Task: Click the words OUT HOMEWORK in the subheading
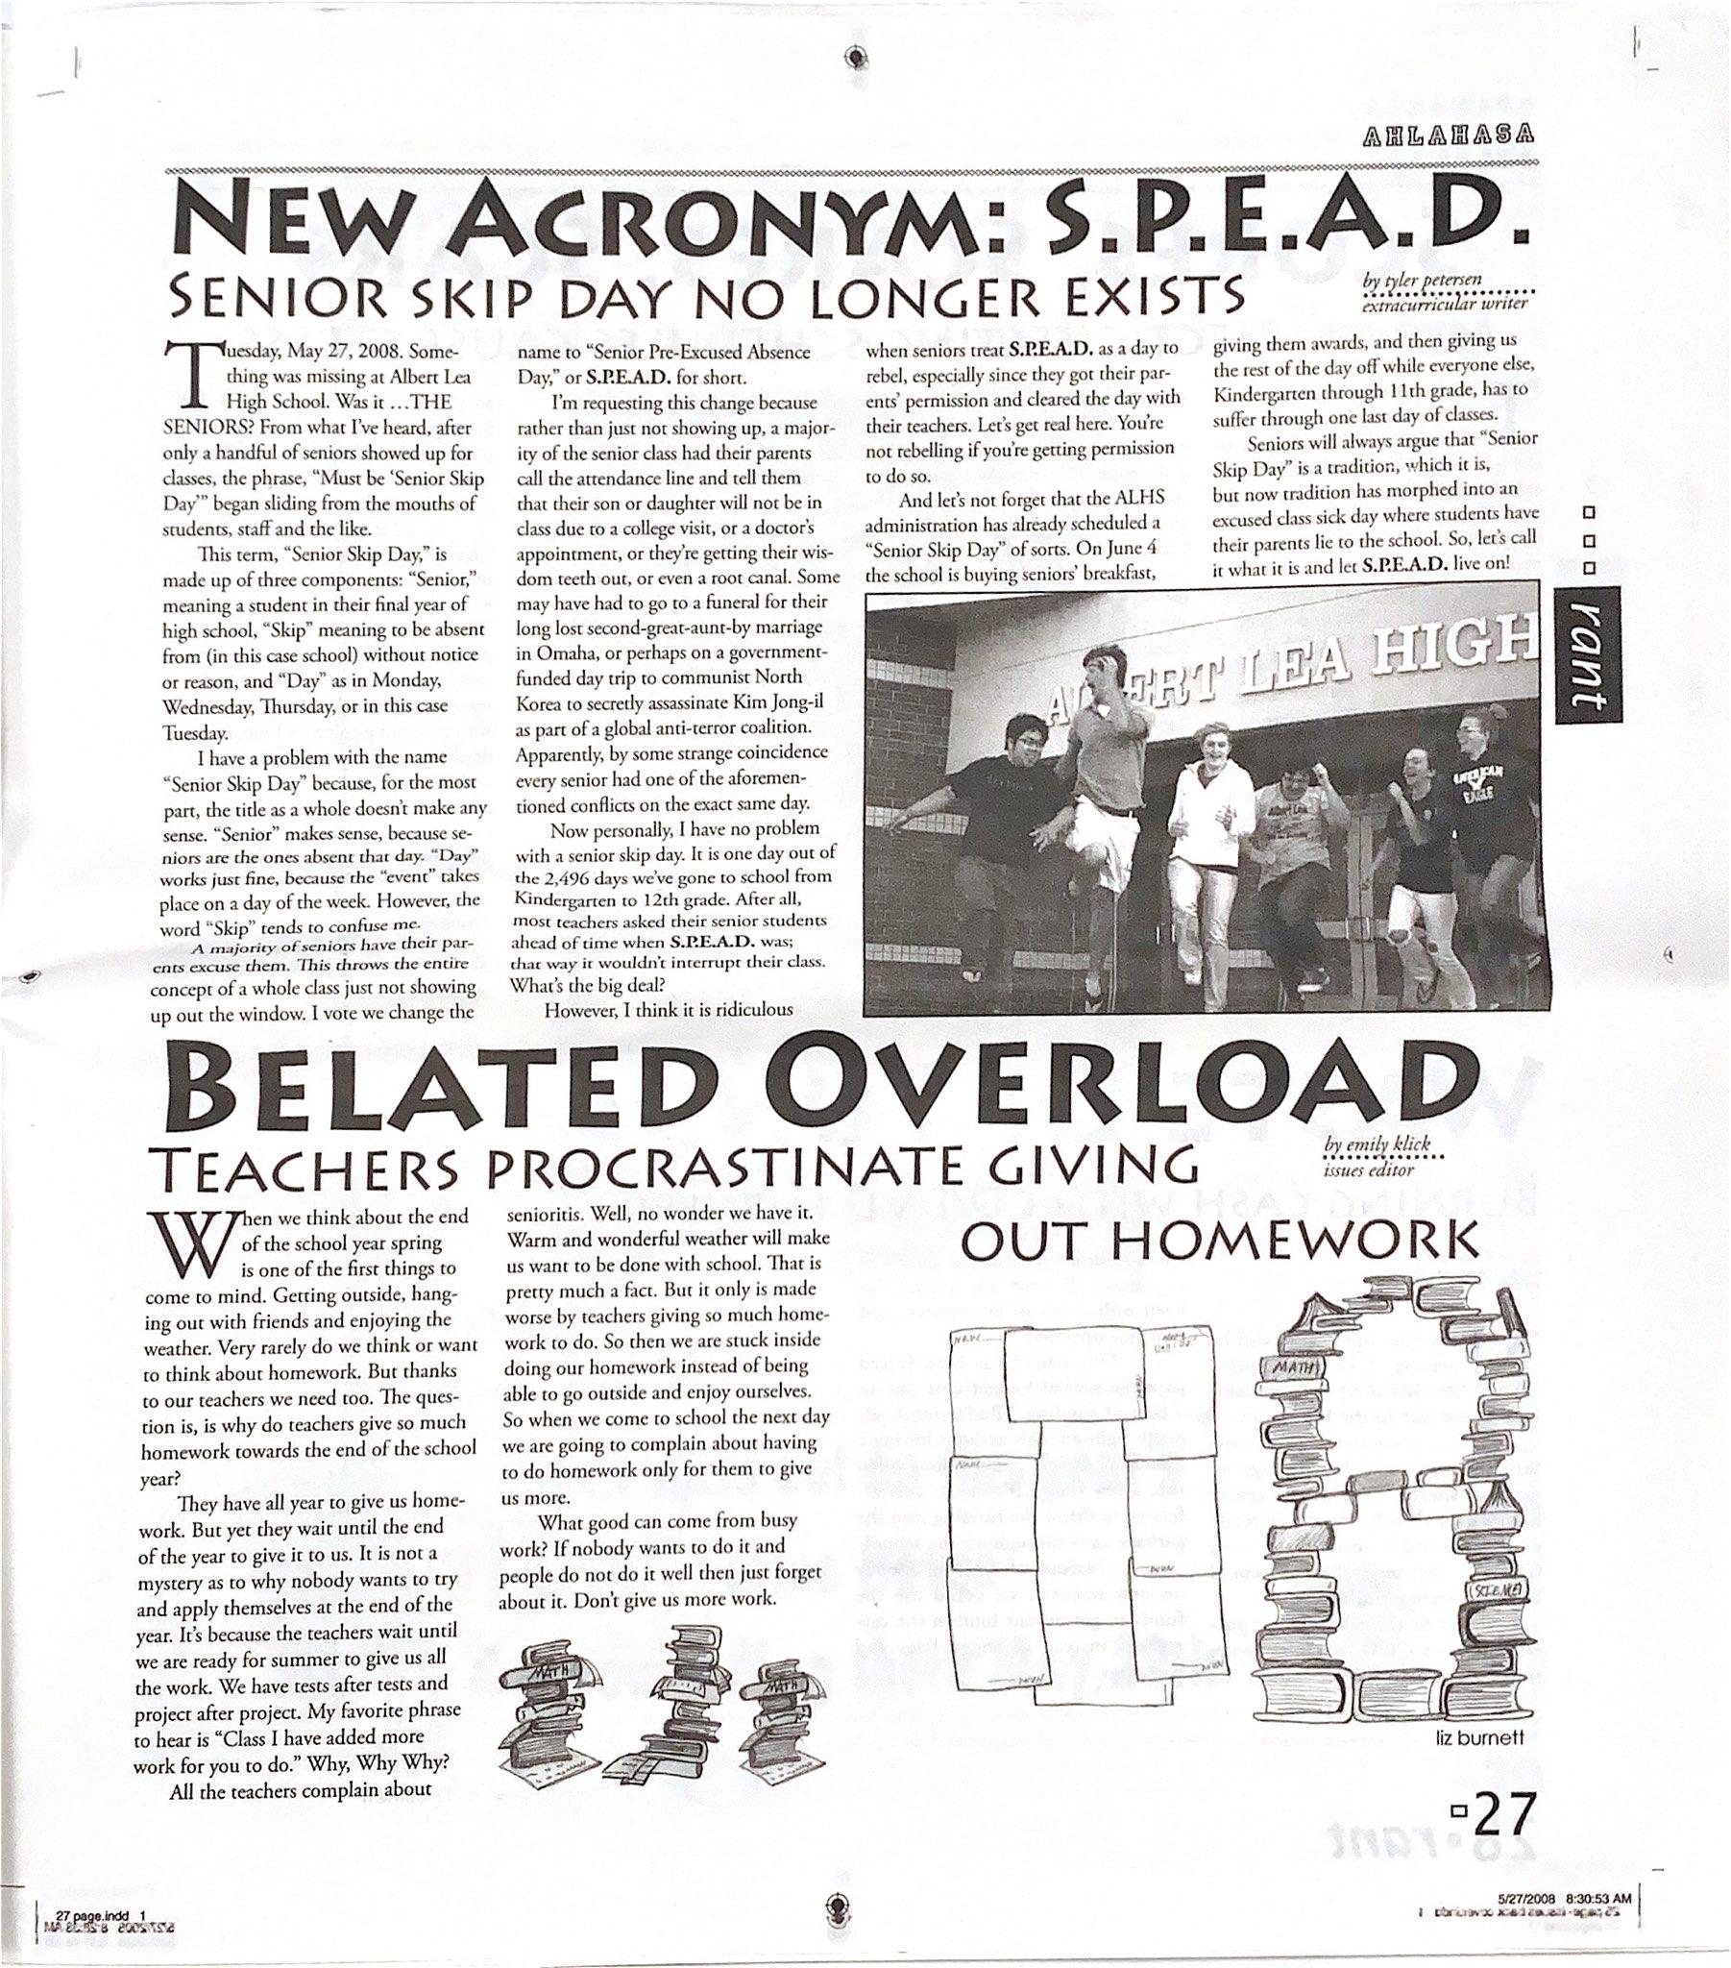point(1221,1242)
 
